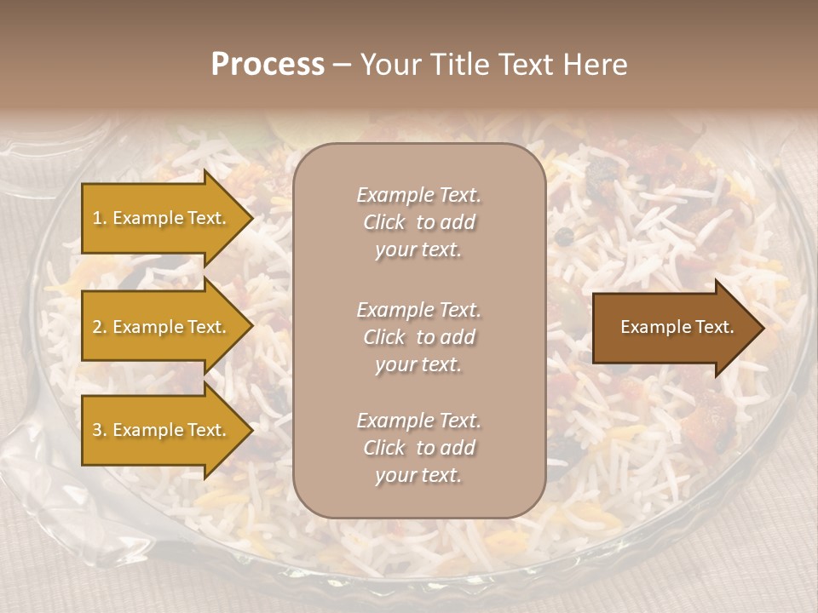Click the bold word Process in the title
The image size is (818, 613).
268,65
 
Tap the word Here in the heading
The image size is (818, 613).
596,65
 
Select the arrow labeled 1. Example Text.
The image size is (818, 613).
162,218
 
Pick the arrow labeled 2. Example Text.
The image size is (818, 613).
162,327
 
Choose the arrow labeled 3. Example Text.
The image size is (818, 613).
162,430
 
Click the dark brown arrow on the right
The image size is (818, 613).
673,328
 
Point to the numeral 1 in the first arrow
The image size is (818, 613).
97,218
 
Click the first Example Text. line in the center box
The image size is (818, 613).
418,195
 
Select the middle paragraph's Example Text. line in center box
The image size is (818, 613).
418,310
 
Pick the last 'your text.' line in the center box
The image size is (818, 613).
418,476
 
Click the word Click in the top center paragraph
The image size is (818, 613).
384,223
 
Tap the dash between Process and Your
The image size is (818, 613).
342,65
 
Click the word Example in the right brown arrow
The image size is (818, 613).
651,327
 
